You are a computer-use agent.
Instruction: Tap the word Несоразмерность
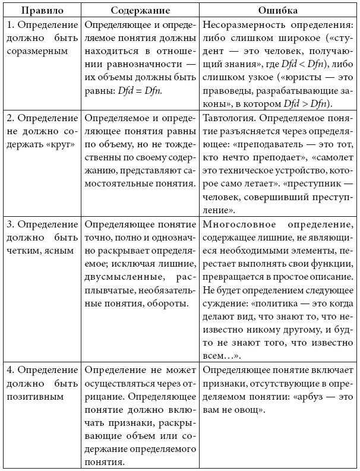pos(239,26)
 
